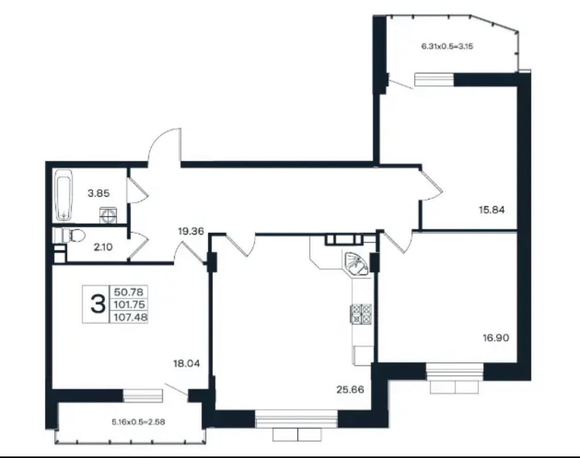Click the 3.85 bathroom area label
pos(98,193)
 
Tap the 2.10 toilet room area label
pos(103,247)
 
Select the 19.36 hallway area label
pos(191,232)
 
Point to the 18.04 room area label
pos(187,364)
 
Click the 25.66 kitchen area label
pos(350,389)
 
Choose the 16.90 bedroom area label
pos(496,337)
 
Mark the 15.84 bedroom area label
pos(492,210)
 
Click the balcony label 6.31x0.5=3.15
pos(448,46)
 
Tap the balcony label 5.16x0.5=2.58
pos(138,422)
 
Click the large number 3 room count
pos(97,304)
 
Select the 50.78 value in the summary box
pos(128,292)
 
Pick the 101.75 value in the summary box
pos(129,304)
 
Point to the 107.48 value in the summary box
pos(130,317)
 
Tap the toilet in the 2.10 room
pos(70,235)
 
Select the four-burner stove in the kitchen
pos(360,314)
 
